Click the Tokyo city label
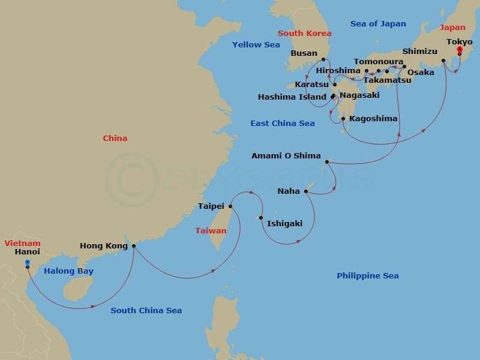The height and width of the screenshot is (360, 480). pos(460,41)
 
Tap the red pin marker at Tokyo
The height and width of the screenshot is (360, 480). pos(460,50)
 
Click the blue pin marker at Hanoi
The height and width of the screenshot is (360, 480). pos(28,263)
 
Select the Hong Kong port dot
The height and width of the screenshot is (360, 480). pos(133,245)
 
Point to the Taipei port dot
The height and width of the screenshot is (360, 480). pos(230,206)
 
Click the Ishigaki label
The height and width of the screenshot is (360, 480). pos(284,223)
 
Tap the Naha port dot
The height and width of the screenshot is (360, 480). pos(306,191)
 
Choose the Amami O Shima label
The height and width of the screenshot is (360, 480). pos(286,156)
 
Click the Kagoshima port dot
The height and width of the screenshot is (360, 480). pos(343,119)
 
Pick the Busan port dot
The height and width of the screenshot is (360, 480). pos(323,59)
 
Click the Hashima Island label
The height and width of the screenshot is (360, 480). pos(292,97)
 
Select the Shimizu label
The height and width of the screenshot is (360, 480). pos(420,52)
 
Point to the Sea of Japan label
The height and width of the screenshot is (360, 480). pos(378,24)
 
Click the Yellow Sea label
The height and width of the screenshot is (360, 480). pos(256,44)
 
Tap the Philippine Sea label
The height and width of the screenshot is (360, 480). pos(367,276)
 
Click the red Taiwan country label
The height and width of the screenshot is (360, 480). pos(211,230)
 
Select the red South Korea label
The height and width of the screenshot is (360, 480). pos(304,34)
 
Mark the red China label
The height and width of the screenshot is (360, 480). pos(115,139)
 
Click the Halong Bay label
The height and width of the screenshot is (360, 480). pos(68,271)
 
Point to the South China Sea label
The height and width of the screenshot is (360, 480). pos(146,311)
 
